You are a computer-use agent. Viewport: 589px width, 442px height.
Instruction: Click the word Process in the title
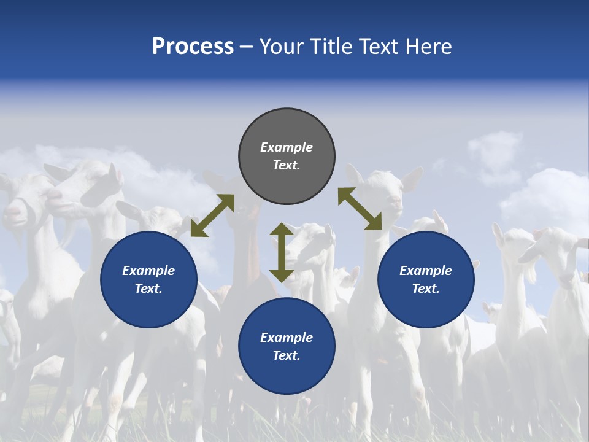193,47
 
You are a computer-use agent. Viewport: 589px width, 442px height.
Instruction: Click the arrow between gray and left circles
212,215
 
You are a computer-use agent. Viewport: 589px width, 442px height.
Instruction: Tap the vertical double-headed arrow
281,252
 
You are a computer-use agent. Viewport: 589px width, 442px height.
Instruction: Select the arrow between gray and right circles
360,209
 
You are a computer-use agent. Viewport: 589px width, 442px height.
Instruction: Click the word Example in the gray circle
287,147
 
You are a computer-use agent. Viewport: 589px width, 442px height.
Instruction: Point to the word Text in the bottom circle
287,355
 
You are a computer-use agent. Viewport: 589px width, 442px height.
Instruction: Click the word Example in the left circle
148,271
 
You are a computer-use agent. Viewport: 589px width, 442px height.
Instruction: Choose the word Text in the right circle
426,289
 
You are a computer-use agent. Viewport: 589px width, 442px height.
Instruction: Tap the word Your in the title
281,47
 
